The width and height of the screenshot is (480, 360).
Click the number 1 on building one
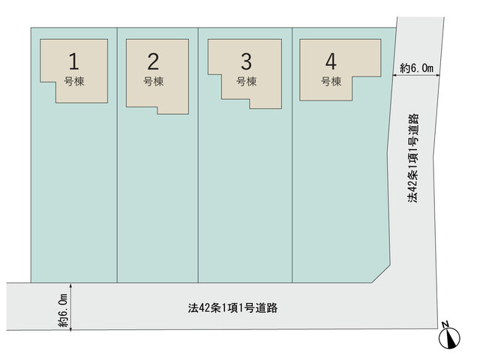pos(73,61)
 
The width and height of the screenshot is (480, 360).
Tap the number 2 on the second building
pos(153,61)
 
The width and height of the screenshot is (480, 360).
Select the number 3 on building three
pos(246,61)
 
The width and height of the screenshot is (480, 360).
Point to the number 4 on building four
pos(331,61)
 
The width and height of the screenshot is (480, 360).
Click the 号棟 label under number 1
pos(73,82)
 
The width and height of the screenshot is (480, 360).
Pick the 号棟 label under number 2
pos(153,82)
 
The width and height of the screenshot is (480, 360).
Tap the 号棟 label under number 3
pos(246,82)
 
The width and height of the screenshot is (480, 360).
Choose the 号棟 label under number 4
pos(331,82)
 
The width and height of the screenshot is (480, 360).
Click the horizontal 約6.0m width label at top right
pos(417,68)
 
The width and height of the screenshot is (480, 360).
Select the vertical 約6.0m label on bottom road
pos(63,310)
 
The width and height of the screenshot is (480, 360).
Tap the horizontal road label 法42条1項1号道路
pos(232,307)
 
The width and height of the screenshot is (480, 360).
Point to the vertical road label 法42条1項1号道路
pos(413,158)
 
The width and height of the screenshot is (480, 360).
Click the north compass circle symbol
pos(449,338)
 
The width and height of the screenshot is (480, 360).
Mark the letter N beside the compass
pos(445,323)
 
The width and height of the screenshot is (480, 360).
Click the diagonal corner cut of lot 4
pos(381,273)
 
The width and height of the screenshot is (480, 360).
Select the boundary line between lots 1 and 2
pos(117,155)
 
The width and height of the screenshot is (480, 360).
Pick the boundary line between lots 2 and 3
pos(198,155)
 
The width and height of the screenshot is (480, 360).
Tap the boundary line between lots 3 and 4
pos(292,155)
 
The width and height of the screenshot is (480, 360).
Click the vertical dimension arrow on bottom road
pos(71,307)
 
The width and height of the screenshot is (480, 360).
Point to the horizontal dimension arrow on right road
pos(416,75)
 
